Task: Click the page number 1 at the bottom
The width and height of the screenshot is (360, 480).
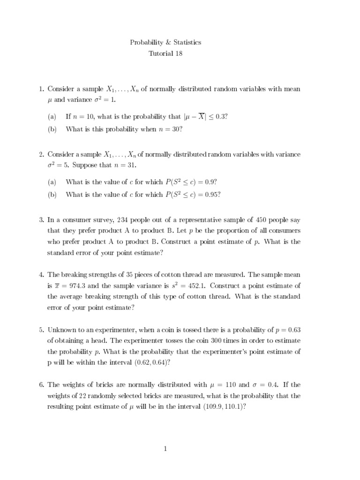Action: click(x=165, y=449)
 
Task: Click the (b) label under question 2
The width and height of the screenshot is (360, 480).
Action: click(x=52, y=195)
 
